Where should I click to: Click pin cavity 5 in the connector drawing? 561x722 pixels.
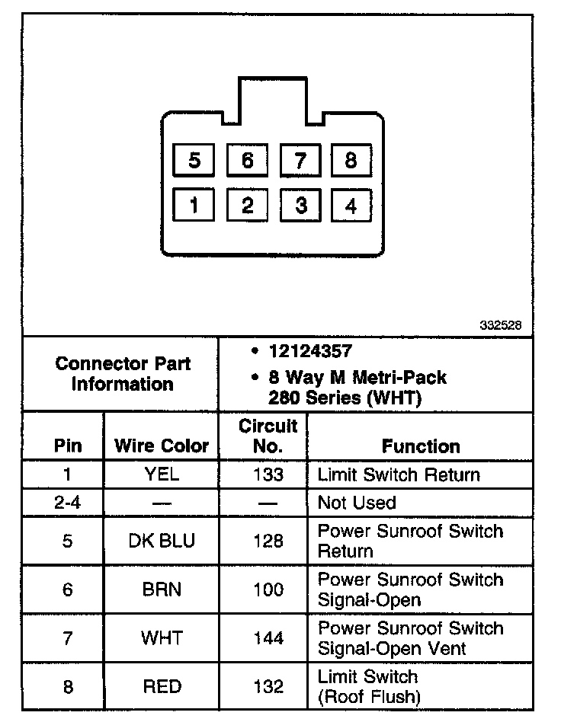click(x=194, y=161)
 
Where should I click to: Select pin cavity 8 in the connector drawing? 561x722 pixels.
click(x=351, y=161)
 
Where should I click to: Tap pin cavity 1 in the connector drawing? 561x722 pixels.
click(x=194, y=206)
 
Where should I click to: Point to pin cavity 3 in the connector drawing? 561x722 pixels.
click(x=301, y=206)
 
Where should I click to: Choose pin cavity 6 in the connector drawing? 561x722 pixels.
click(x=247, y=161)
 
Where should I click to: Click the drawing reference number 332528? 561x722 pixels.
click(x=501, y=324)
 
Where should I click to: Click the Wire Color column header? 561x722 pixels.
click(x=161, y=446)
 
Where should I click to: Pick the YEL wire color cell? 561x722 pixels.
click(x=161, y=474)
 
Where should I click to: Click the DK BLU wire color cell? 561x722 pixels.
click(x=161, y=541)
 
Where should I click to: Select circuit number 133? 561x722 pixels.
click(x=268, y=474)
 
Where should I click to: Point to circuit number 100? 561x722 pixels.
click(x=268, y=589)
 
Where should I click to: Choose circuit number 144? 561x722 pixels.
click(x=268, y=638)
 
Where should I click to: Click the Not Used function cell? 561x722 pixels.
click(x=357, y=503)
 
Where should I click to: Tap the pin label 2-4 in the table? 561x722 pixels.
click(x=67, y=503)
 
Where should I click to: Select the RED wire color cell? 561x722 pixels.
click(x=161, y=687)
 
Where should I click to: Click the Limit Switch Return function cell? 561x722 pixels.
click(x=399, y=474)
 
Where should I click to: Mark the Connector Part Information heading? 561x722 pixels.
click(x=122, y=374)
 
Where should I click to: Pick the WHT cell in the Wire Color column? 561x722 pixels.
click(x=161, y=638)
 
